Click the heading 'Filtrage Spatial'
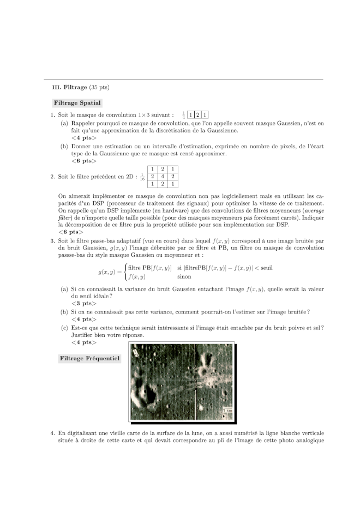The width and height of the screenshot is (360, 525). pos(77,102)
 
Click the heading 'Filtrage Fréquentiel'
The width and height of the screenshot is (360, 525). pos(88,358)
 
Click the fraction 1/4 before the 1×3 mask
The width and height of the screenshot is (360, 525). pos(183,115)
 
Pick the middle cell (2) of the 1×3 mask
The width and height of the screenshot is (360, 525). pos(197,115)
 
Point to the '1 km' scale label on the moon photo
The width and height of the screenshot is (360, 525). pos(227,409)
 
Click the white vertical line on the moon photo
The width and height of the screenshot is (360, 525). pos(196,382)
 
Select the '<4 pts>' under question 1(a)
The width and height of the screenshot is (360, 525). pos(83,138)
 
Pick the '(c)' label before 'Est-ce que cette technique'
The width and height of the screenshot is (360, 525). pos(64,328)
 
